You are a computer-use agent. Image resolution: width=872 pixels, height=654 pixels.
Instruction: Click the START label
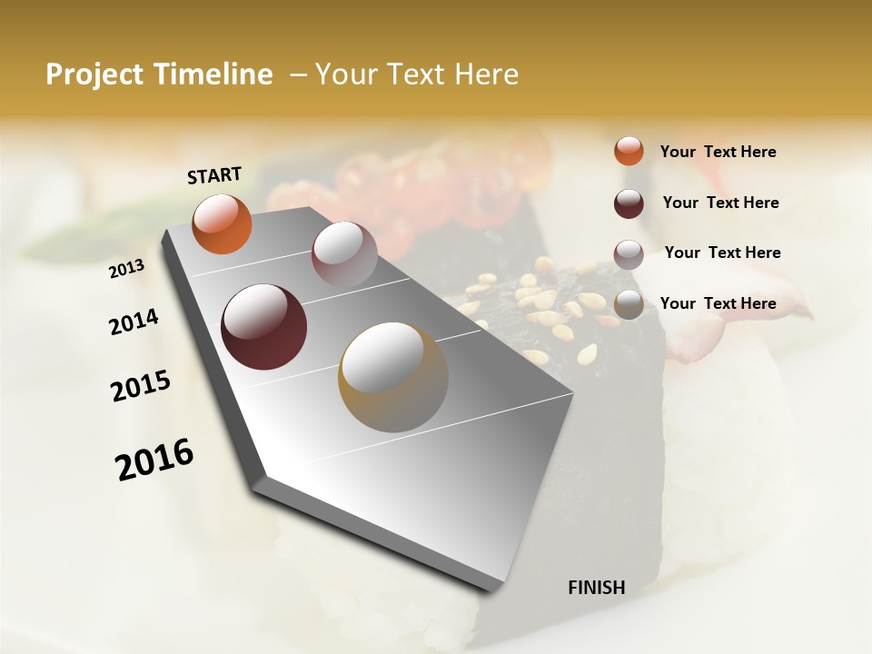(214, 175)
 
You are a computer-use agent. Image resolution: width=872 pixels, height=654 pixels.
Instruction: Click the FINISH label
(596, 588)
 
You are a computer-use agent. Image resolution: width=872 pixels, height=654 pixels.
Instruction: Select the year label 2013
(126, 269)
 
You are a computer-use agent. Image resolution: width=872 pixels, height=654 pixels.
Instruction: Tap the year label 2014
(134, 322)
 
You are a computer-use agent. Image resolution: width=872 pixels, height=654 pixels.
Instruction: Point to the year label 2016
(154, 460)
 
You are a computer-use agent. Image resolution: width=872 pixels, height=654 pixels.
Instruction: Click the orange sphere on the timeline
(222, 223)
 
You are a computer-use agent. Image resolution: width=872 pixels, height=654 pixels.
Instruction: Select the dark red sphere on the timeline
(263, 327)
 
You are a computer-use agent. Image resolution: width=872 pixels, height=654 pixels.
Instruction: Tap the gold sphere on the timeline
(392, 376)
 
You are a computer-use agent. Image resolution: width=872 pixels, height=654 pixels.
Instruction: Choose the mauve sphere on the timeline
(343, 253)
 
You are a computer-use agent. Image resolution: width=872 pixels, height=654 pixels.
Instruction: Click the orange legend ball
(629, 152)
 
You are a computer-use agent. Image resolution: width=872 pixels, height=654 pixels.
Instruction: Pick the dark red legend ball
(629, 203)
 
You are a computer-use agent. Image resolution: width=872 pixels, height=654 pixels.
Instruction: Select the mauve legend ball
(629, 254)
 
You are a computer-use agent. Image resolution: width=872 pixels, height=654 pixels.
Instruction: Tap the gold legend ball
(629, 305)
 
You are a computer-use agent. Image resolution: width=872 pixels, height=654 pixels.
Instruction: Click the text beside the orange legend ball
(718, 153)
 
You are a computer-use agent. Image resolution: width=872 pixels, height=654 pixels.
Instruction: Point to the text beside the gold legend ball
(718, 303)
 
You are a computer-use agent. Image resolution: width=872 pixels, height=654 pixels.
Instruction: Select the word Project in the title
(94, 74)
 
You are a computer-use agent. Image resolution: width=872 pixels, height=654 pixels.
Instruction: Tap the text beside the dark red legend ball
(720, 203)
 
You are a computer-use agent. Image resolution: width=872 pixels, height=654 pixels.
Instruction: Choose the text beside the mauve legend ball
(722, 253)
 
